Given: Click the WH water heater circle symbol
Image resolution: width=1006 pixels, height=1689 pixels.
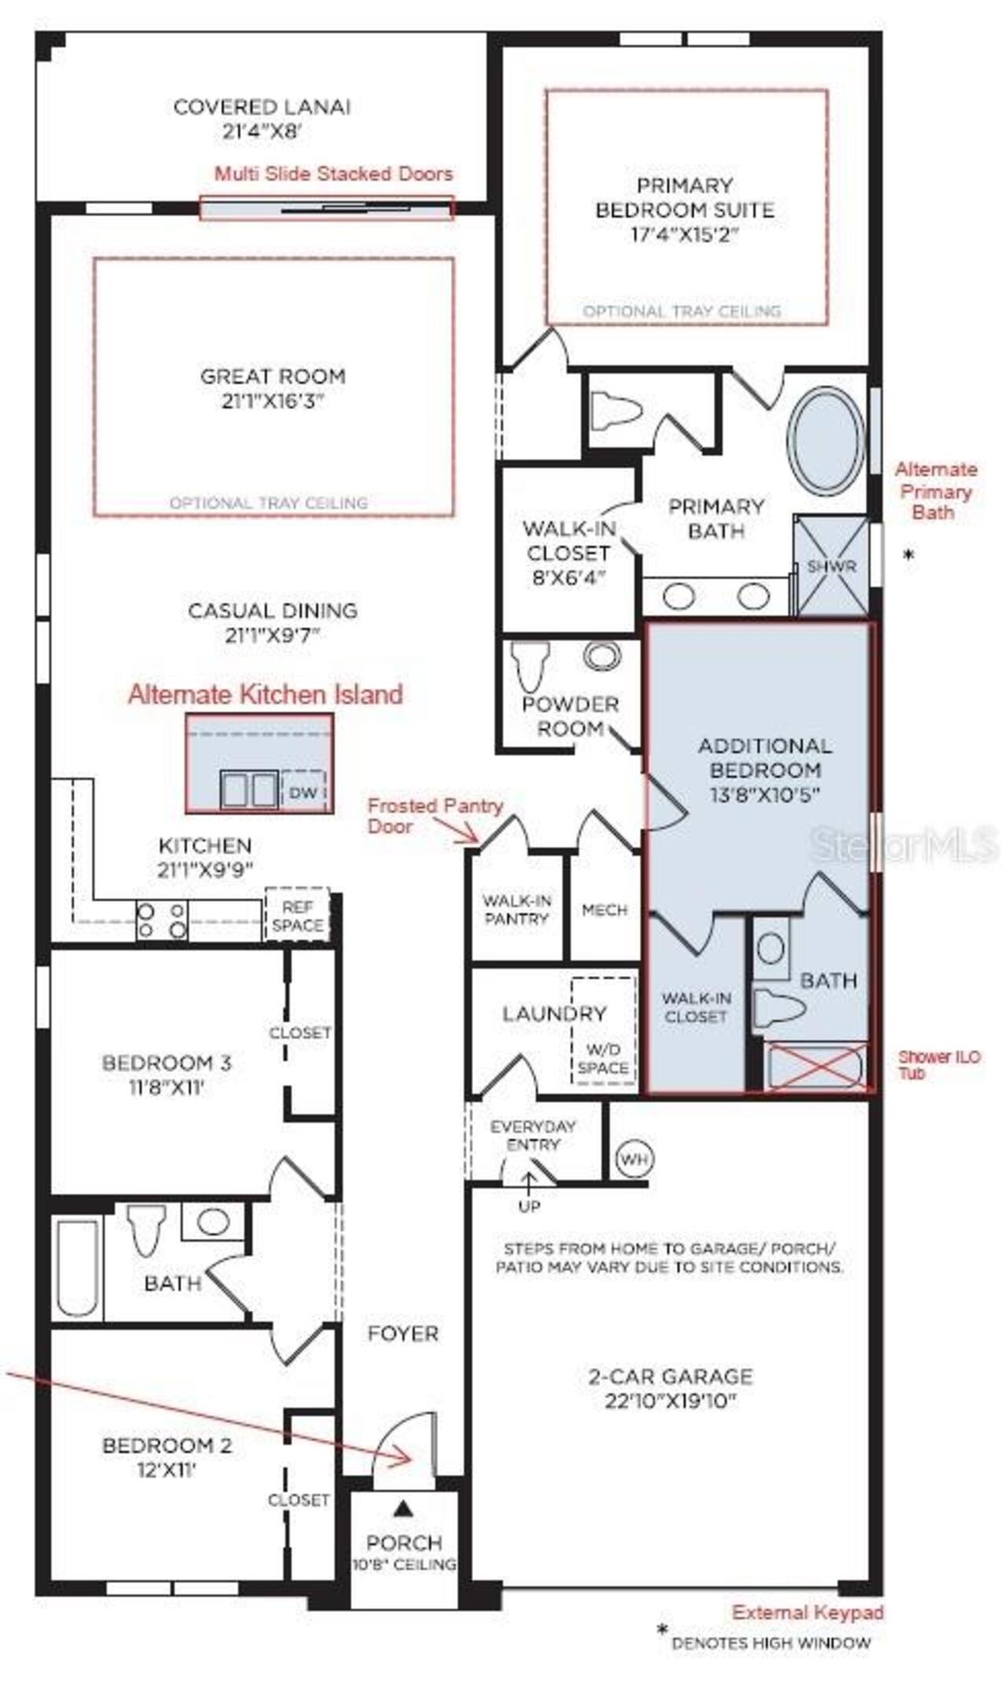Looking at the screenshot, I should coord(635,1160).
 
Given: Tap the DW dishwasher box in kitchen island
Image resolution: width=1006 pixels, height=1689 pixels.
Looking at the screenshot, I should coord(303,793).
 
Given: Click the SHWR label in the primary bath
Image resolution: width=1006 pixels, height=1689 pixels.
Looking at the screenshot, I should coord(831,566).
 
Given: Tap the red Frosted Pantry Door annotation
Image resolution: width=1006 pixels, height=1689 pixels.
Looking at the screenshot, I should coord(435,815).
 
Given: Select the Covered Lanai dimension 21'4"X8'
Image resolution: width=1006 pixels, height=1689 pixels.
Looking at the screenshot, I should coord(262,132).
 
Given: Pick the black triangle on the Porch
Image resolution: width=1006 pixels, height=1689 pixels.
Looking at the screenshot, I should coord(403,1507).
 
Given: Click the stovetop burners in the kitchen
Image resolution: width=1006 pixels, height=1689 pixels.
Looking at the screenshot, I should coord(162,921).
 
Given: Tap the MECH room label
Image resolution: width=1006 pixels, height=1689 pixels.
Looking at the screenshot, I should coord(604,910).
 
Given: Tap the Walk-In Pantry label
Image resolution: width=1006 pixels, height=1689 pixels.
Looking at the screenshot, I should coord(516,910).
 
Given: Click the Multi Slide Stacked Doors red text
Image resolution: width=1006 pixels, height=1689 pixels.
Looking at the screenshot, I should coord(333,174).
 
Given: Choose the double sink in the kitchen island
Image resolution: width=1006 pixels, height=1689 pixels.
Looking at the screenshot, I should coord(248,790).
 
